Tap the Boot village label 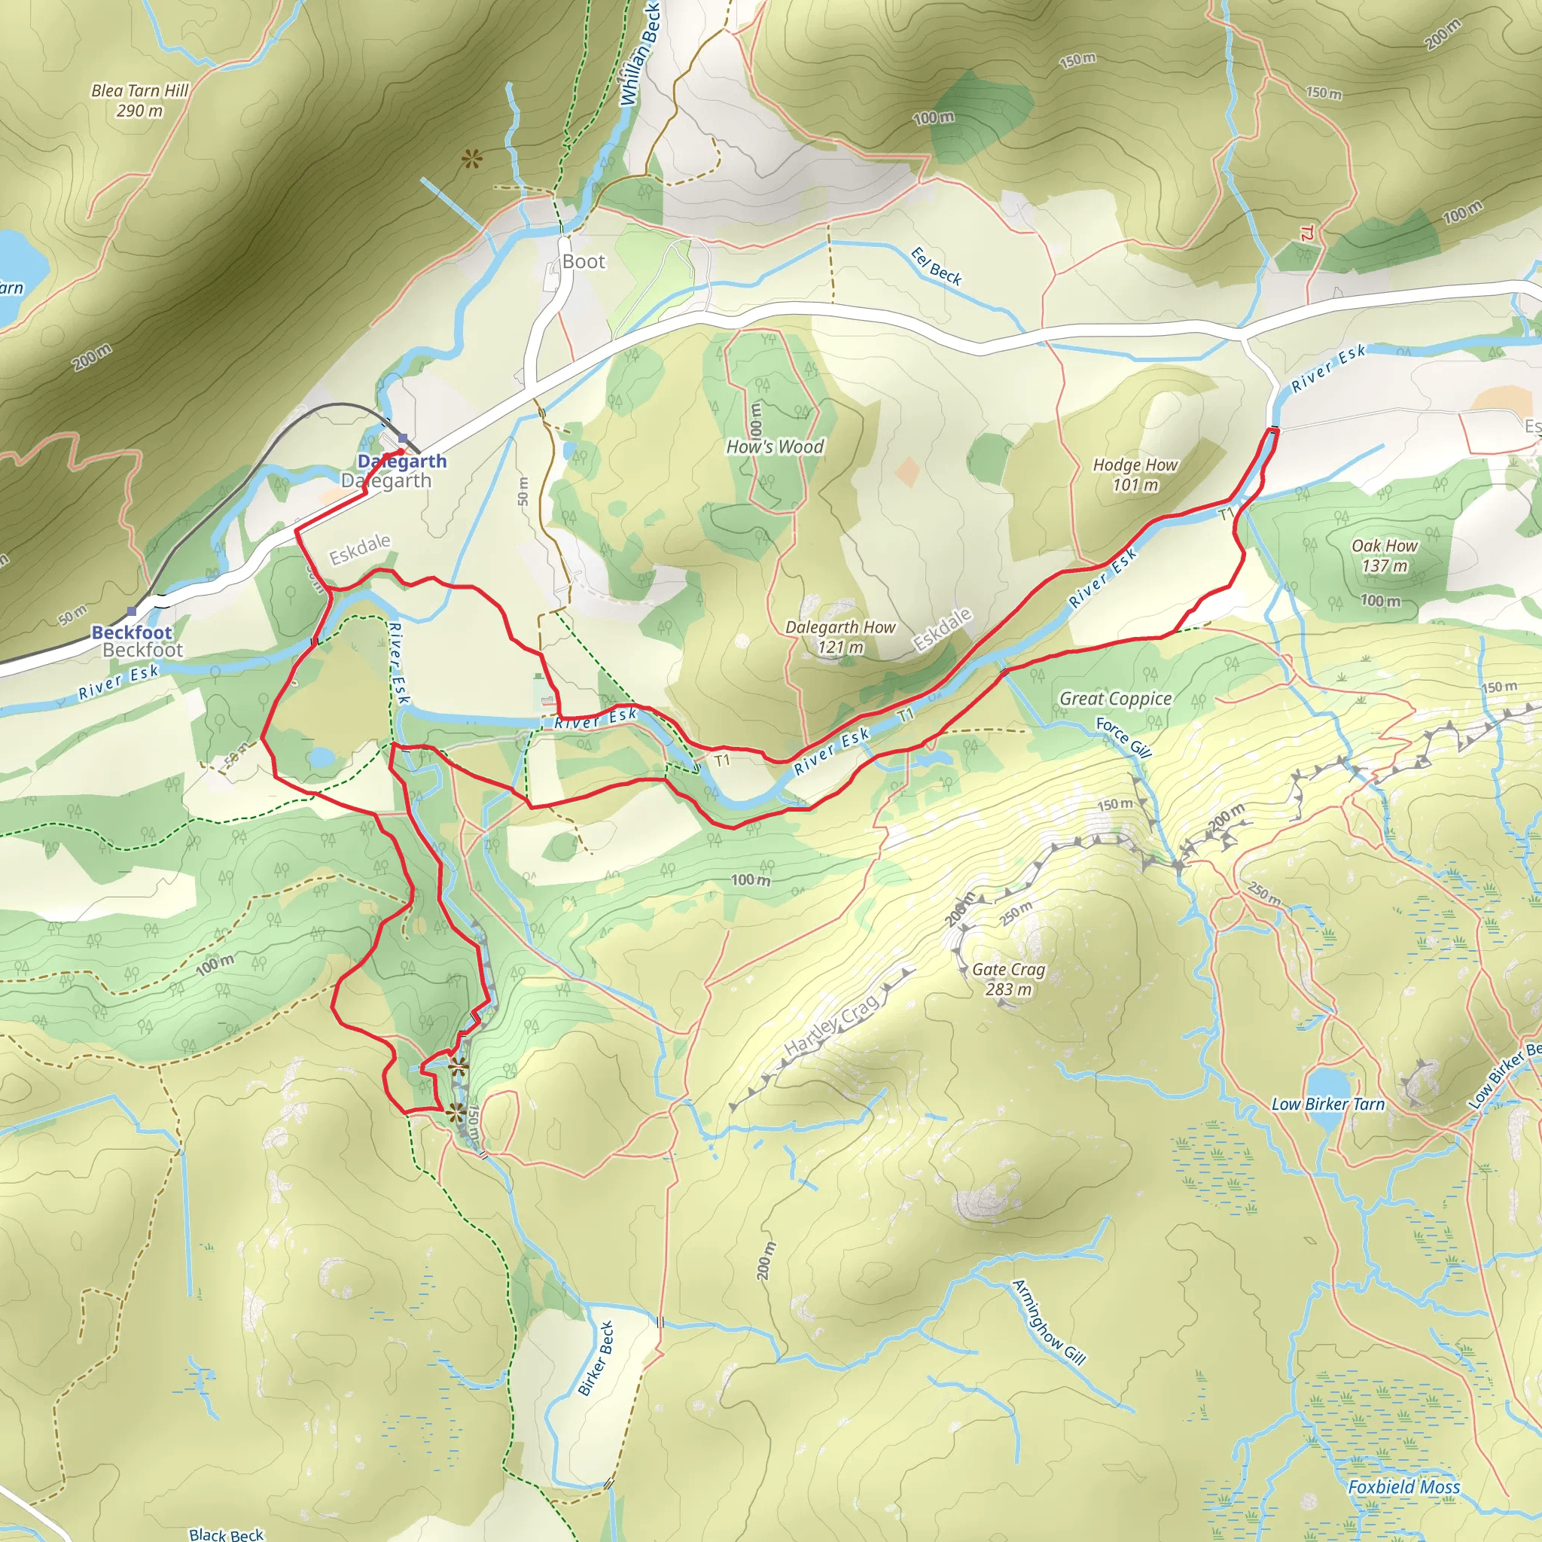[x=584, y=262]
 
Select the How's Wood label [x=774, y=447]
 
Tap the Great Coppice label [x=1115, y=699]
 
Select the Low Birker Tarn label [x=1327, y=1105]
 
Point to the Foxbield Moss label [x=1403, y=1487]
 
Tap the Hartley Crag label [x=832, y=1025]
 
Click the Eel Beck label [x=936, y=267]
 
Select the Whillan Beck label [x=640, y=56]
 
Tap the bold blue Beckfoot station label [x=132, y=632]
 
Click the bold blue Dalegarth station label [x=401, y=461]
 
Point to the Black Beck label [x=226, y=1534]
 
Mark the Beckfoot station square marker [x=132, y=611]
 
